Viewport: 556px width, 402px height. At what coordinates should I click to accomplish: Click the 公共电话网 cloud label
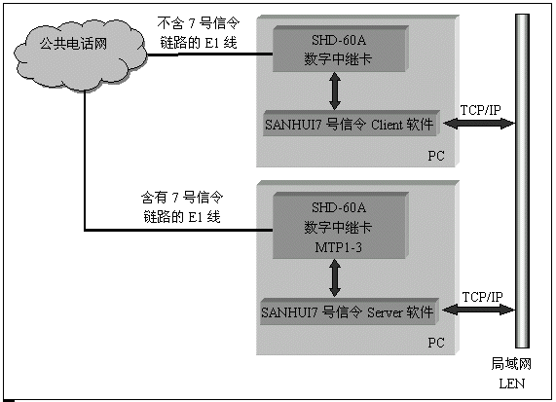73,44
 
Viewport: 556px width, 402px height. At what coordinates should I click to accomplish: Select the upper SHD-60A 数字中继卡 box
341,49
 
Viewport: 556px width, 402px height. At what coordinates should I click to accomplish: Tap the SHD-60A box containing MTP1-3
341,226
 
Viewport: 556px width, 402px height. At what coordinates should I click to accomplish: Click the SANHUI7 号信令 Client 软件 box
352,124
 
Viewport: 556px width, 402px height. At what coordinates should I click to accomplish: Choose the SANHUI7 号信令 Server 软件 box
350,311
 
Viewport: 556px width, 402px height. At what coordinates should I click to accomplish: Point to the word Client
387,125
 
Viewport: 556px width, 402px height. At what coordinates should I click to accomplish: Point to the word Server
385,312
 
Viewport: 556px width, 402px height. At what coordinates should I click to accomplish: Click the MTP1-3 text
338,247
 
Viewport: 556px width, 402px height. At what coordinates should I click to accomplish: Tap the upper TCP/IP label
480,110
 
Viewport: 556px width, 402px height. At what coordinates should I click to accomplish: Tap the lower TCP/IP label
482,297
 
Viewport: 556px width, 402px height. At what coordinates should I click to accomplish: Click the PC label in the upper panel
436,156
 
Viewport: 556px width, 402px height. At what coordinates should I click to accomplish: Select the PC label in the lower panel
436,343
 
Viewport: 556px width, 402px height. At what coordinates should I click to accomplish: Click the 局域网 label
511,364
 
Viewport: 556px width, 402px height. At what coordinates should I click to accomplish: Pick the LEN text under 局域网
511,384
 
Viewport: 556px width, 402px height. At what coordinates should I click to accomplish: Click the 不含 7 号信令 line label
199,33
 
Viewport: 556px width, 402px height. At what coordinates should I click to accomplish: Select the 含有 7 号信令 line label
182,207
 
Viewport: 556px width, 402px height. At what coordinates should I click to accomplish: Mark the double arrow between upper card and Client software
335,91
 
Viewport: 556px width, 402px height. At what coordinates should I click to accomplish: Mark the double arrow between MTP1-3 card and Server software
335,278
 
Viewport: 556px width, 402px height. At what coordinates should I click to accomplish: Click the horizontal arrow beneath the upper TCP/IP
479,124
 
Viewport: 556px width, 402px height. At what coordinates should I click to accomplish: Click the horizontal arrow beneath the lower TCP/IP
479,310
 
